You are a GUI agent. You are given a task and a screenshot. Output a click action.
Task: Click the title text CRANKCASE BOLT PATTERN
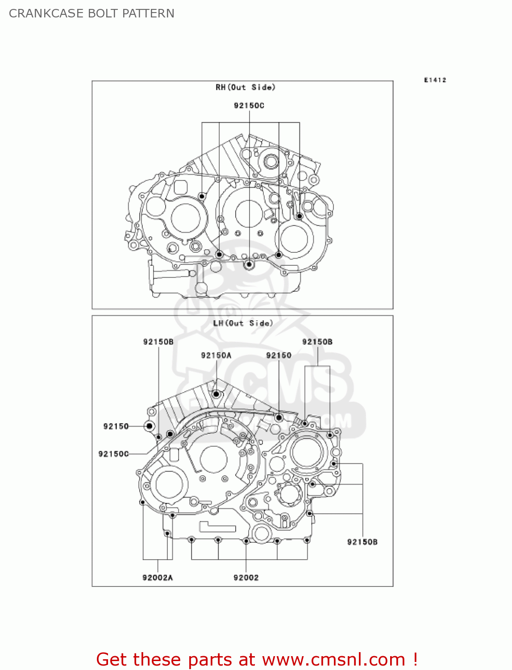[92, 13]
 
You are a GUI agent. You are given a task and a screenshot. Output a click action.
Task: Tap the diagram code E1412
[435, 80]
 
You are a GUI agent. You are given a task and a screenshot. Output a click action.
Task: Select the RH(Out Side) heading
[245, 87]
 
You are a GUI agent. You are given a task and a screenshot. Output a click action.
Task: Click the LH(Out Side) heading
[243, 323]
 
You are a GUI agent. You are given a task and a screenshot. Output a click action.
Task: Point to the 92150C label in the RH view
[249, 105]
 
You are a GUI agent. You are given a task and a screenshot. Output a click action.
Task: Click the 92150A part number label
[216, 355]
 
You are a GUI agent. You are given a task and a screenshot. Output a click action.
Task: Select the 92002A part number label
[157, 578]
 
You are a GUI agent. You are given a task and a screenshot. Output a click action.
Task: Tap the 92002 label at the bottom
[246, 578]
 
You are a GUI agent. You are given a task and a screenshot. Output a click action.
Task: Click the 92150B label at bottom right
[362, 542]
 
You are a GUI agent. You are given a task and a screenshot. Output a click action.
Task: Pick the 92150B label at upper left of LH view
[158, 342]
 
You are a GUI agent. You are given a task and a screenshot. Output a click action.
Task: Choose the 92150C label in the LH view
[113, 454]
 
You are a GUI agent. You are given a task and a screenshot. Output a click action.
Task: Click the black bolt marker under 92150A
[216, 394]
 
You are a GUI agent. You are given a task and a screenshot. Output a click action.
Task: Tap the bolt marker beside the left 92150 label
[149, 426]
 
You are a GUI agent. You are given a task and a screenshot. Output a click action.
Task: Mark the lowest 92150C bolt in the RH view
[249, 265]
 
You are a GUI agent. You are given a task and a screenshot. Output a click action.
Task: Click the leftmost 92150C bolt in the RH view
[202, 196]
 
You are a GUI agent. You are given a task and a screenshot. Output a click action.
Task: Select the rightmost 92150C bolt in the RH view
[300, 216]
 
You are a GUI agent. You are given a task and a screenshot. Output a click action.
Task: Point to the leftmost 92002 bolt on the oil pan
[191, 540]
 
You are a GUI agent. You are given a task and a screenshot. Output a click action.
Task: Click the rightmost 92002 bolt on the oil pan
[307, 540]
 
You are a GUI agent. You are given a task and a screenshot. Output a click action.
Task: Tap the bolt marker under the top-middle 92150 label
[279, 418]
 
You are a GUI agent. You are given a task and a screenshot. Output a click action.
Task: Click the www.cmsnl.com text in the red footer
[333, 659]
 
